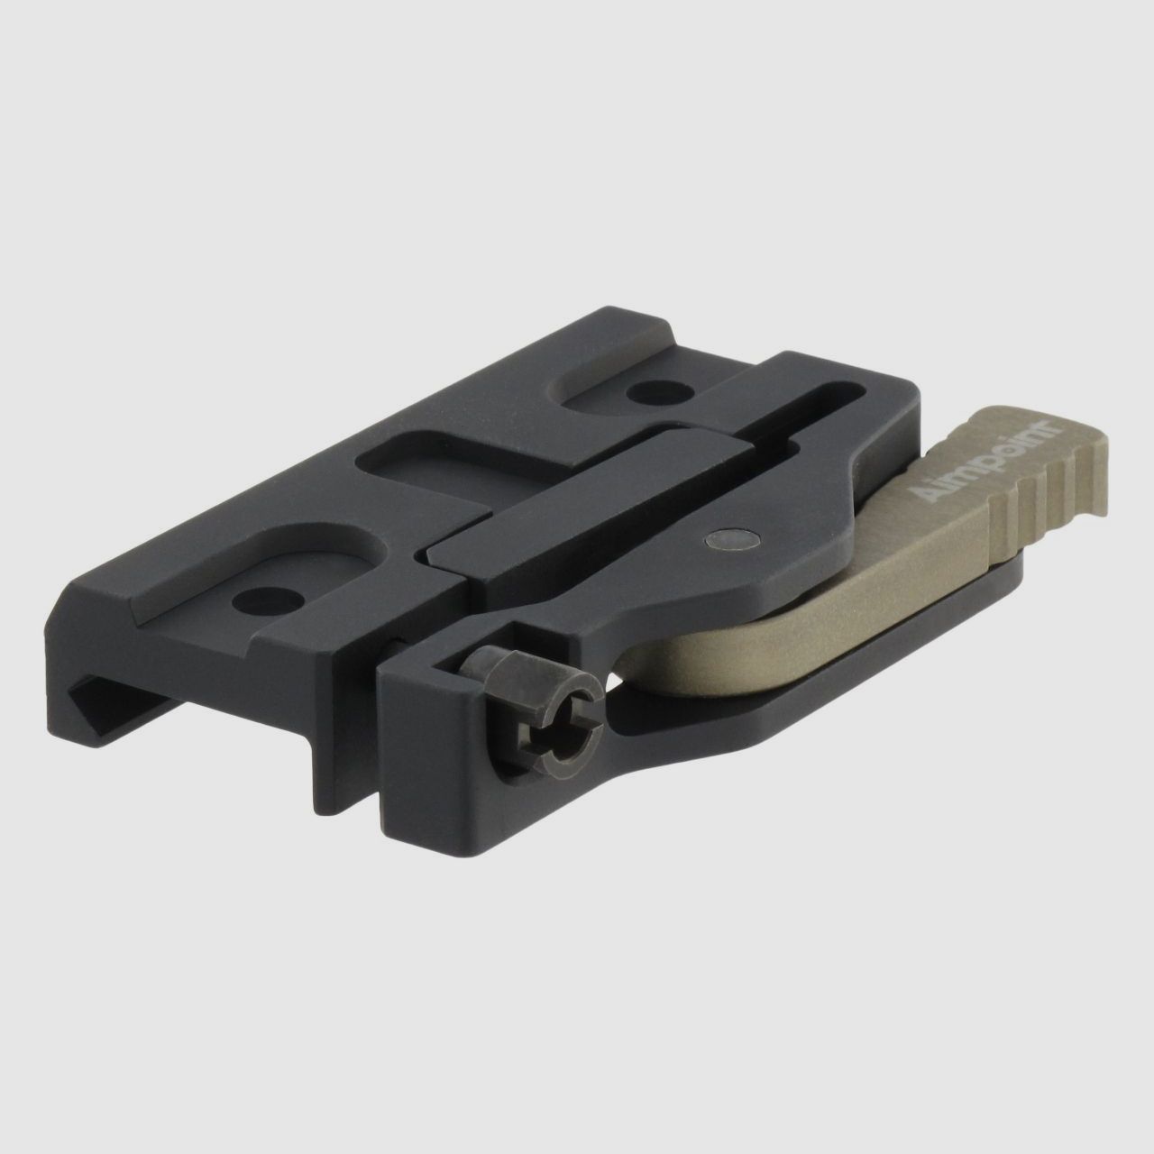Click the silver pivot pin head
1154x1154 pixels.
click(x=730, y=539)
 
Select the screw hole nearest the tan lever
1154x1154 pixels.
click(x=643, y=391)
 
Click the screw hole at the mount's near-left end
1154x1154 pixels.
click(x=259, y=596)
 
